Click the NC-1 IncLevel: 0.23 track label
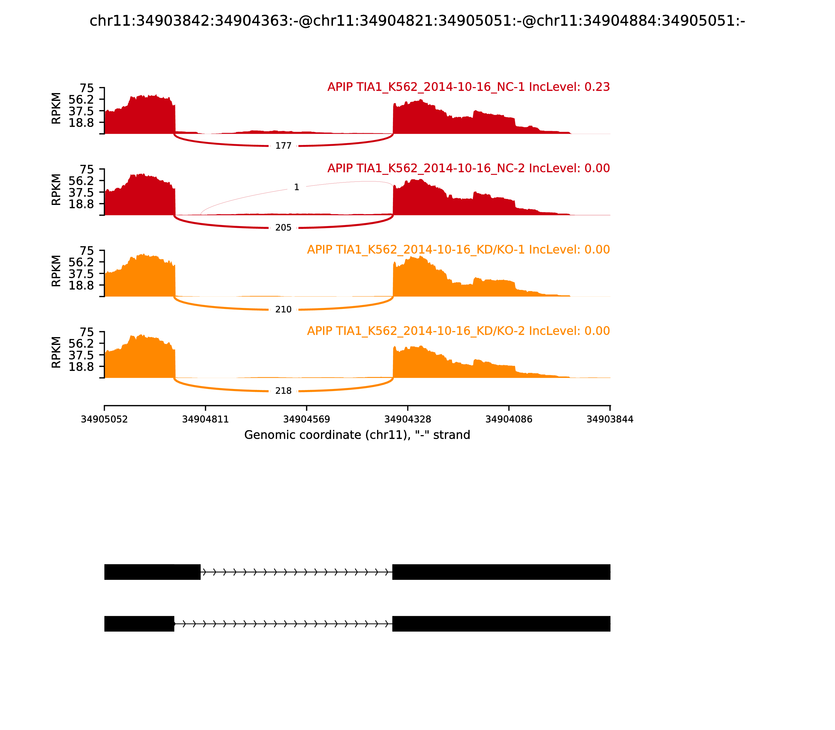[x=468, y=87]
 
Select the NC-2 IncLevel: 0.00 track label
[x=468, y=168]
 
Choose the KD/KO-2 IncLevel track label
[x=458, y=331]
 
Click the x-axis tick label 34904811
[x=205, y=419]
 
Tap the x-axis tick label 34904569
[x=306, y=419]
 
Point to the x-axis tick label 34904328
[x=407, y=419]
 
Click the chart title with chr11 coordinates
[x=417, y=21]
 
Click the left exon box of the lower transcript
[x=139, y=624]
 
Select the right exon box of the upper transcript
[x=501, y=572]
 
